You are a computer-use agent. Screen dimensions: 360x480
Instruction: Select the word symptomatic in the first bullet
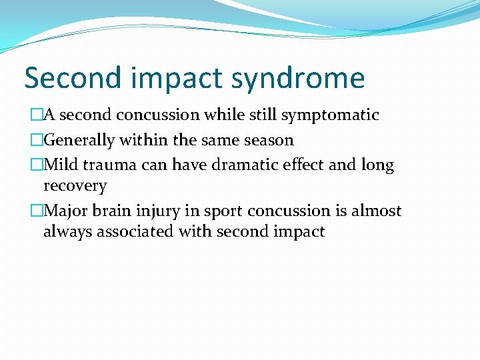330,115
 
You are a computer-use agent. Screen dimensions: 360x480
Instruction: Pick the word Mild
61,165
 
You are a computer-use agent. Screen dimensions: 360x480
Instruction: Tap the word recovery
75,185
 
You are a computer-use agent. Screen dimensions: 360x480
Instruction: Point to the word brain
113,211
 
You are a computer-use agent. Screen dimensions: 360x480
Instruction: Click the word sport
223,211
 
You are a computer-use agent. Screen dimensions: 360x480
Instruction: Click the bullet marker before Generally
36,140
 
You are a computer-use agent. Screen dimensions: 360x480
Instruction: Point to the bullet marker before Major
36,211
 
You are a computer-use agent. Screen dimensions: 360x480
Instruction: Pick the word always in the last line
65,232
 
